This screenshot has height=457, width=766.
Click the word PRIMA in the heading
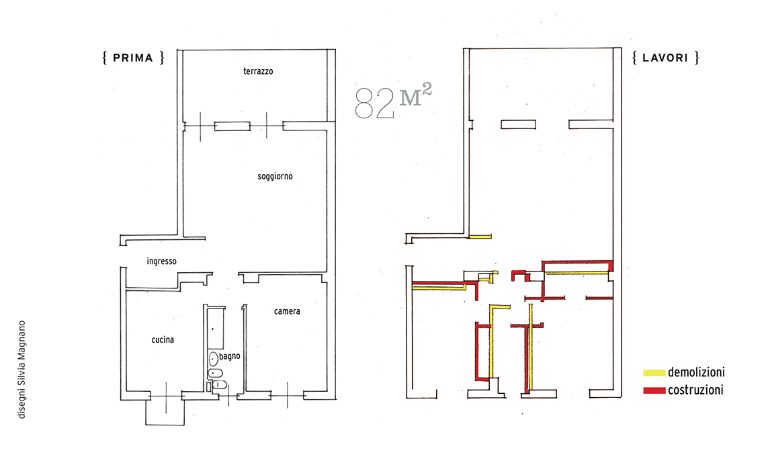[x=133, y=58]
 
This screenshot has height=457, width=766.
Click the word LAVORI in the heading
[x=665, y=58]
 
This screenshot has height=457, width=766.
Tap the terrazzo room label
[x=258, y=71]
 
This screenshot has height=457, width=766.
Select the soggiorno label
[x=275, y=177]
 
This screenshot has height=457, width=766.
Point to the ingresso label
[x=162, y=261]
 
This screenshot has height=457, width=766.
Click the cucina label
[x=163, y=339]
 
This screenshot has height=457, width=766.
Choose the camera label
[x=287, y=311]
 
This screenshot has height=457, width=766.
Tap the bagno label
[x=230, y=356]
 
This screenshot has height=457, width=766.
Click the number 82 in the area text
[x=374, y=103]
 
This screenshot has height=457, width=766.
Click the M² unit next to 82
[x=416, y=95]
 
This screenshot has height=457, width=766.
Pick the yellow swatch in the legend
[x=654, y=373]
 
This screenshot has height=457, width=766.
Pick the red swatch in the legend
[x=654, y=390]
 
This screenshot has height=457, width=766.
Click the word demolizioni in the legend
[x=696, y=372]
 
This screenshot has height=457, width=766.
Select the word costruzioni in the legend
[x=695, y=390]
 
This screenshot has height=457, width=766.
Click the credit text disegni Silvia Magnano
[x=22, y=370]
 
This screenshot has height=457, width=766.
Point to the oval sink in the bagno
[x=214, y=360]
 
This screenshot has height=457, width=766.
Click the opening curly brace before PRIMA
[x=105, y=58]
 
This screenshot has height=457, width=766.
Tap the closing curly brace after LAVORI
[x=697, y=58]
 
